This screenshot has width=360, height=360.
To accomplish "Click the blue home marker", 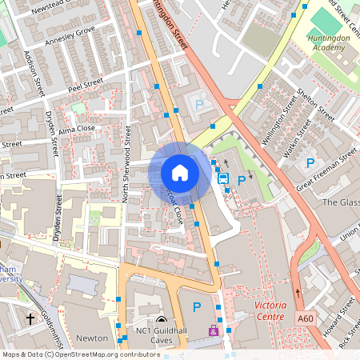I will [x=180, y=172].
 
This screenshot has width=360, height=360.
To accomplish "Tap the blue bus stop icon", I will [x=223, y=178].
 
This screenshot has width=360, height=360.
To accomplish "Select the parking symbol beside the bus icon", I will [x=241, y=181].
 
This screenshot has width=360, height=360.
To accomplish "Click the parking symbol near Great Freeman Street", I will [x=310, y=163].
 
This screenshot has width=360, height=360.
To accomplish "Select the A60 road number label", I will [x=306, y=318].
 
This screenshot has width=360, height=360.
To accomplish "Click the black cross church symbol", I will [x=31, y=319].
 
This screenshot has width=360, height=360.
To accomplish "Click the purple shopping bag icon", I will [x=213, y=330].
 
